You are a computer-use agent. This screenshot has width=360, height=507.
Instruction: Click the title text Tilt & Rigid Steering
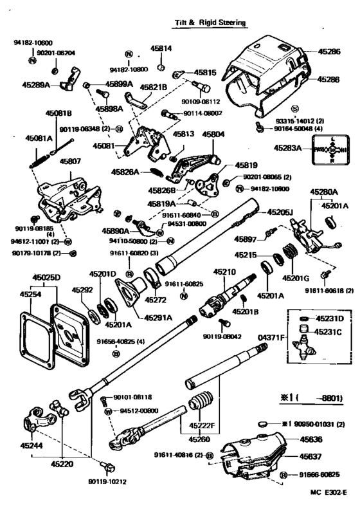pos(211,22)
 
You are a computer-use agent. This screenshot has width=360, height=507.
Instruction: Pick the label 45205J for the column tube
pos(280,212)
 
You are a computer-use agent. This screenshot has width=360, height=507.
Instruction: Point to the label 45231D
pos(329,319)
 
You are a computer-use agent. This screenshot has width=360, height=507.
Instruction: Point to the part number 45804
pos(213,134)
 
